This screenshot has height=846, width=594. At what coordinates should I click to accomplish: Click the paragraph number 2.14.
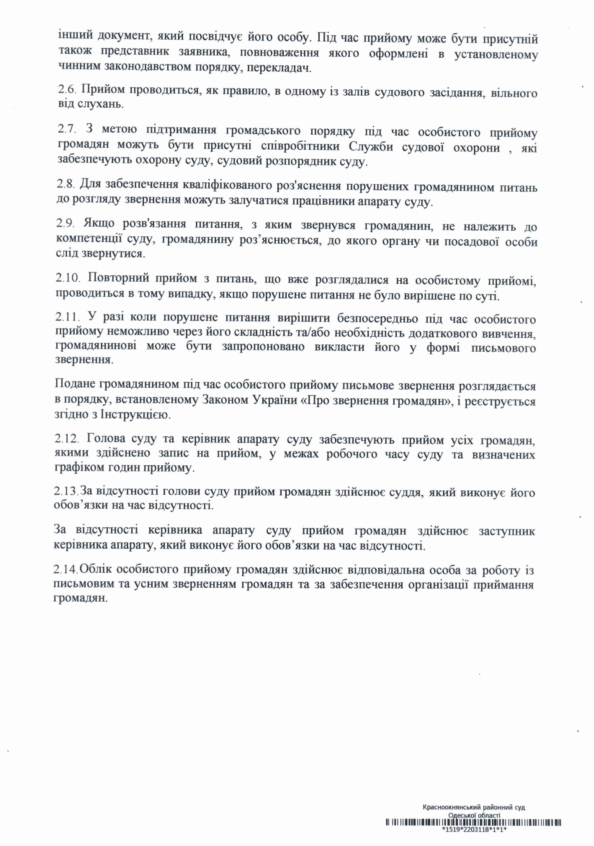66,570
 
